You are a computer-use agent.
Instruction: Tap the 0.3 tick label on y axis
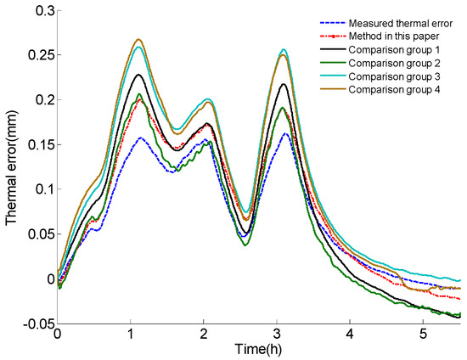[39, 10]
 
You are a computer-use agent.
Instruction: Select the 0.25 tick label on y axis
[36, 55]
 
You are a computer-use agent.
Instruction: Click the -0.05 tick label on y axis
[33, 323]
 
